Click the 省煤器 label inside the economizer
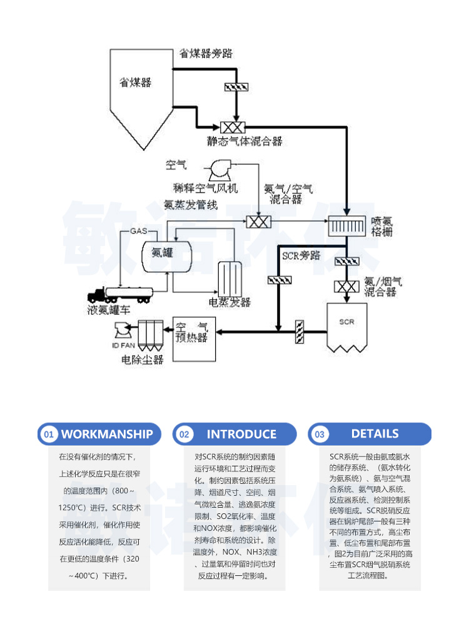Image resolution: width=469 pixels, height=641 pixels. pyautogui.click(x=136, y=82)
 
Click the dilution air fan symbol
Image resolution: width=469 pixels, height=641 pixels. pyautogui.click(x=219, y=169)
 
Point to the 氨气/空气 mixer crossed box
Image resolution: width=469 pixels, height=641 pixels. pyautogui.click(x=257, y=222)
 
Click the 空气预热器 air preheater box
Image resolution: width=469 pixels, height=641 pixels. pyautogui.click(x=193, y=338)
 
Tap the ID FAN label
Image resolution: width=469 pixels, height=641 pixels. pyautogui.click(x=123, y=345)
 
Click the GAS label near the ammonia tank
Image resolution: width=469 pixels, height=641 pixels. pyautogui.click(x=138, y=232)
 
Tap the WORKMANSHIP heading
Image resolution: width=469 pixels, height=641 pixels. pyautogui.click(x=107, y=434)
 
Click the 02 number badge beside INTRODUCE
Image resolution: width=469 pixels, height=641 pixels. pyautogui.click(x=183, y=434)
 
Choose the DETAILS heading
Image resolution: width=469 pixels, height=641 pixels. pyautogui.click(x=375, y=433)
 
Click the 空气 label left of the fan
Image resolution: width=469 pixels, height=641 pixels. pyautogui.click(x=176, y=165)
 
